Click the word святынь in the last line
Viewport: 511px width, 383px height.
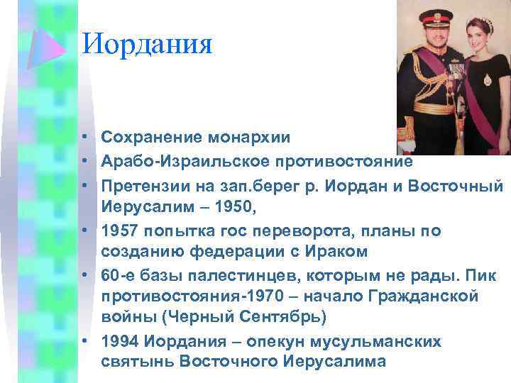137,362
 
